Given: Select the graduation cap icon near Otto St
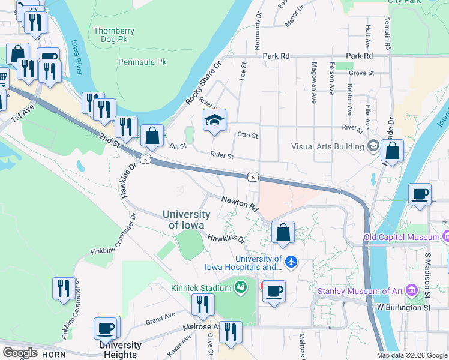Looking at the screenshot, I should pyautogui.click(x=214, y=121).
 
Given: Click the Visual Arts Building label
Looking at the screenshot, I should pyautogui.click(x=328, y=146).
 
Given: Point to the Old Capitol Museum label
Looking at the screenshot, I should pyautogui.click(x=402, y=238).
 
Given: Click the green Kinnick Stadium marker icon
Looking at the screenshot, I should pyautogui.click(x=241, y=288).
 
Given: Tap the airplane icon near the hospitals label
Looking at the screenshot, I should pyautogui.click(x=291, y=262).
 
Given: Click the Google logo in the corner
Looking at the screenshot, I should pyautogui.click(x=20, y=353).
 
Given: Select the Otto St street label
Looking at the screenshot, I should pyautogui.click(x=247, y=136).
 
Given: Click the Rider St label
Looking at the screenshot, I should pyautogui.click(x=221, y=155).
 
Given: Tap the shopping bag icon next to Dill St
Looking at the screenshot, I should pyautogui.click(x=152, y=135).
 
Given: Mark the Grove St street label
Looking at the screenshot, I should pyautogui.click(x=361, y=73).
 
